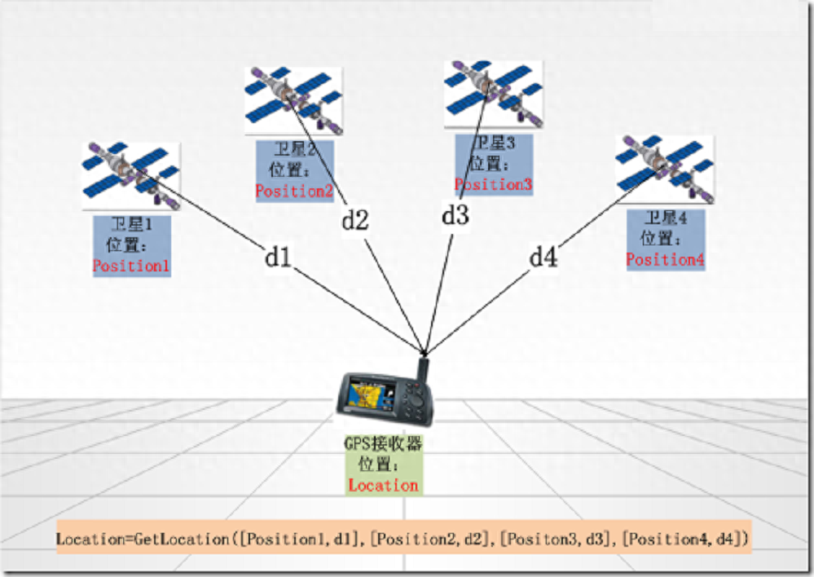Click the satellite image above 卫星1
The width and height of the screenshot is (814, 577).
(x=130, y=175)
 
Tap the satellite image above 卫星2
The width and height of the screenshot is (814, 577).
(x=293, y=99)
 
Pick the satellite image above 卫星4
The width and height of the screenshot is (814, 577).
(x=665, y=170)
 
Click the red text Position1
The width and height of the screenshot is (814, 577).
(x=131, y=266)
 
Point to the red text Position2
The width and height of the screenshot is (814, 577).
(x=294, y=192)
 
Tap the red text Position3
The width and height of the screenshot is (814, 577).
(x=493, y=185)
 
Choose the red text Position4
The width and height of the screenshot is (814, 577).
(x=665, y=260)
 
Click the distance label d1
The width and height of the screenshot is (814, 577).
(x=277, y=257)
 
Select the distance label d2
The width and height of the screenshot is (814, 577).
(x=354, y=220)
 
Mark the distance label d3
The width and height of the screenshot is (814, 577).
(x=455, y=216)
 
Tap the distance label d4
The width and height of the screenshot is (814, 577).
(x=543, y=258)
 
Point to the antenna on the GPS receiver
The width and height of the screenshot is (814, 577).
(x=424, y=367)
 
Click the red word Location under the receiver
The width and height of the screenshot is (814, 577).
(x=383, y=486)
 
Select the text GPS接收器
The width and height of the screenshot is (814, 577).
(x=383, y=444)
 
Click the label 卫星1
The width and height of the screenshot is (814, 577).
(x=131, y=226)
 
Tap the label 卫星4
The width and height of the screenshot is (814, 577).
(x=665, y=218)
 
